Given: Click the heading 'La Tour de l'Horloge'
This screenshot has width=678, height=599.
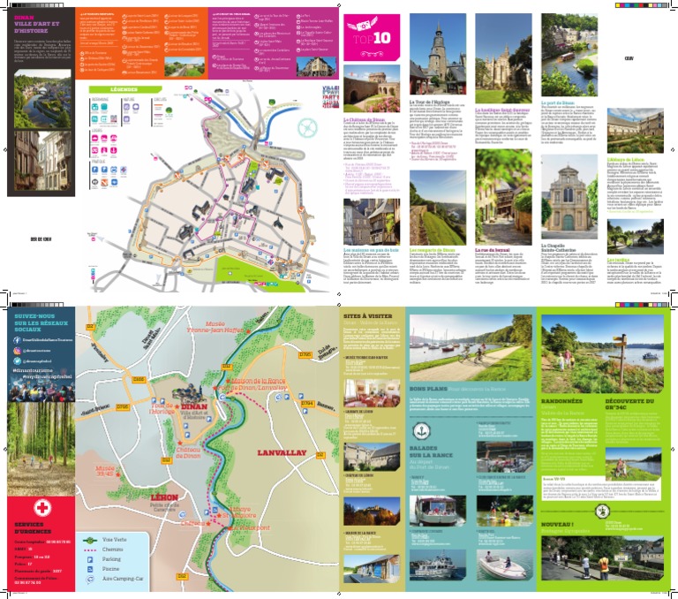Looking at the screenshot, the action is click(431, 102).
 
